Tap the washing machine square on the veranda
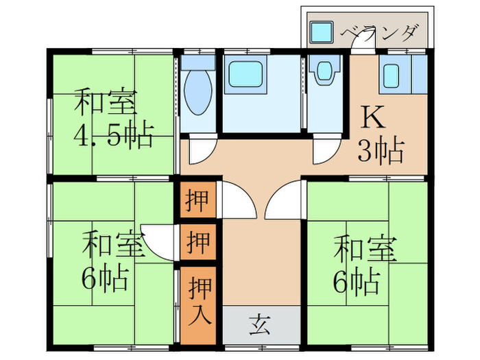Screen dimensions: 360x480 click(x=320, y=32)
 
